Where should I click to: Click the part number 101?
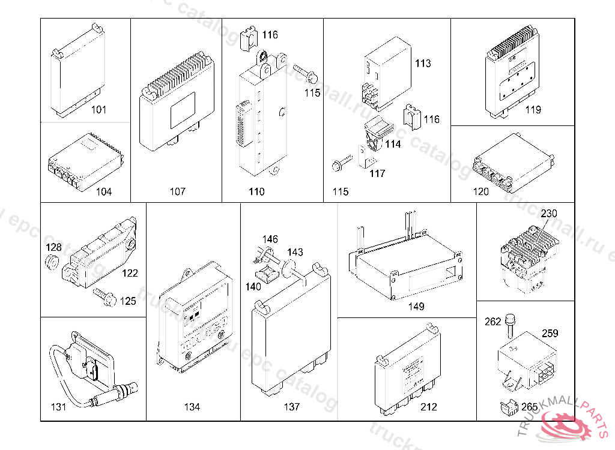[99, 110]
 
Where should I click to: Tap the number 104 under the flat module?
[104, 192]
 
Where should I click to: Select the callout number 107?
[177, 192]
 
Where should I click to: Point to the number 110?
[256, 192]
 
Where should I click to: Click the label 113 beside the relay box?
[423, 64]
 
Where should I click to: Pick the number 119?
[532, 110]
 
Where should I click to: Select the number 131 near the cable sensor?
[58, 407]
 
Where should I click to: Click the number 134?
[192, 407]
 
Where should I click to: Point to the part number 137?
[292, 407]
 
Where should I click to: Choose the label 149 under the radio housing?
[416, 307]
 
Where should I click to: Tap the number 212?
[429, 407]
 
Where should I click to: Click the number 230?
[549, 214]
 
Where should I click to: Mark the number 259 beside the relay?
[550, 334]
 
